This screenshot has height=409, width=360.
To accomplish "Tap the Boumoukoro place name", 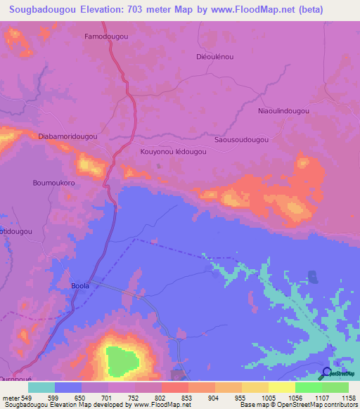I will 54,183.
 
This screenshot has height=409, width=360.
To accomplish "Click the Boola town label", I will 81,286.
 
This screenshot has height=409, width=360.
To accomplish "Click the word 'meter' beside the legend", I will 11,398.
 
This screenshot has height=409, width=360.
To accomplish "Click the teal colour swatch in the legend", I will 41,387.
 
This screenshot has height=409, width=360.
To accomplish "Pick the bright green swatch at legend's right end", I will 335,387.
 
